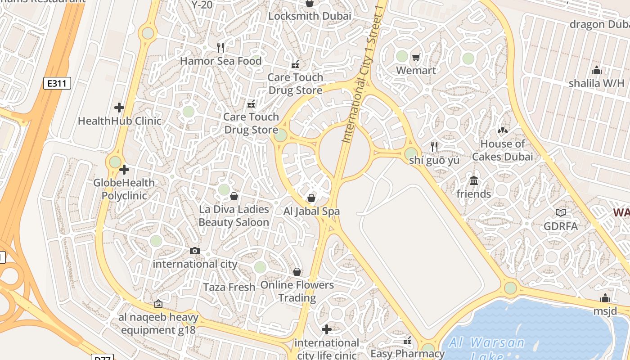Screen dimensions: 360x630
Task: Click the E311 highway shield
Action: coord(57,83)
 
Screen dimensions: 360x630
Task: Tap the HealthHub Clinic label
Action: coord(119,121)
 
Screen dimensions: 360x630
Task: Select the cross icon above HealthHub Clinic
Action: coord(119,108)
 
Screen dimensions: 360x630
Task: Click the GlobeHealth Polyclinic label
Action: coord(124,189)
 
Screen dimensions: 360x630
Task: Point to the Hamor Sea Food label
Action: coord(220,61)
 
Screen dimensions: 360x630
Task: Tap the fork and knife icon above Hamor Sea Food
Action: coord(220,47)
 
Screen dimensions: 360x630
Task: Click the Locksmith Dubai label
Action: coord(310,16)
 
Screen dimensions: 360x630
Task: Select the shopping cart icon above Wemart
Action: coord(416,57)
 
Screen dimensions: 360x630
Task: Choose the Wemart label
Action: coord(416,71)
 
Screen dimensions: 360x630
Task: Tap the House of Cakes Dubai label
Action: coord(502,150)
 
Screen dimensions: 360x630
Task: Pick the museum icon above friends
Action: coord(473,181)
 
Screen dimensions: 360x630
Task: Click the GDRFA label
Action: coord(560,226)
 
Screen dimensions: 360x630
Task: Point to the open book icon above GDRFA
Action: coord(560,212)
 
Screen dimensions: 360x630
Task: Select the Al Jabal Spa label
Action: coord(311,211)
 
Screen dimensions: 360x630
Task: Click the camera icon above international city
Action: coord(195,251)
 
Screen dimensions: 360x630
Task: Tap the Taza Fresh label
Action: coord(229,287)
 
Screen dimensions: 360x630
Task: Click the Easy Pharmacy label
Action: coord(407,353)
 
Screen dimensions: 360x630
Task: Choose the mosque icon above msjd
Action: coord(605,298)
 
